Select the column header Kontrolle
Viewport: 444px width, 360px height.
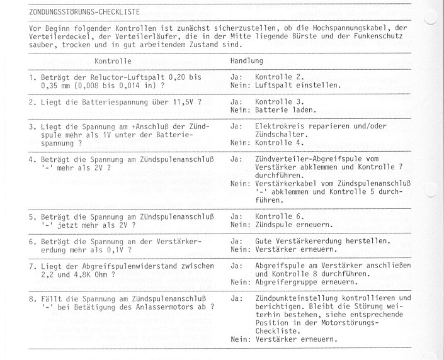pos(113,62)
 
